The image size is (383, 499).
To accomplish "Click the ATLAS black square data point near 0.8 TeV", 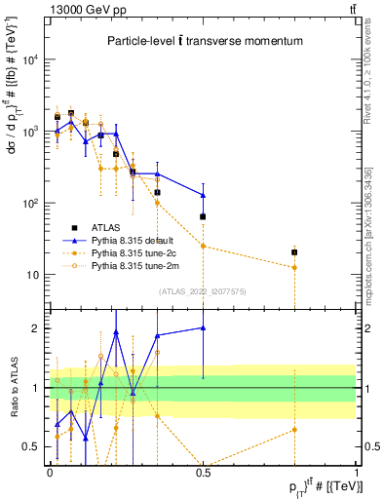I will (294, 252).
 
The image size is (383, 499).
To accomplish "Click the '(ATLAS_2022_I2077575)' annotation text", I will (202, 291).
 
